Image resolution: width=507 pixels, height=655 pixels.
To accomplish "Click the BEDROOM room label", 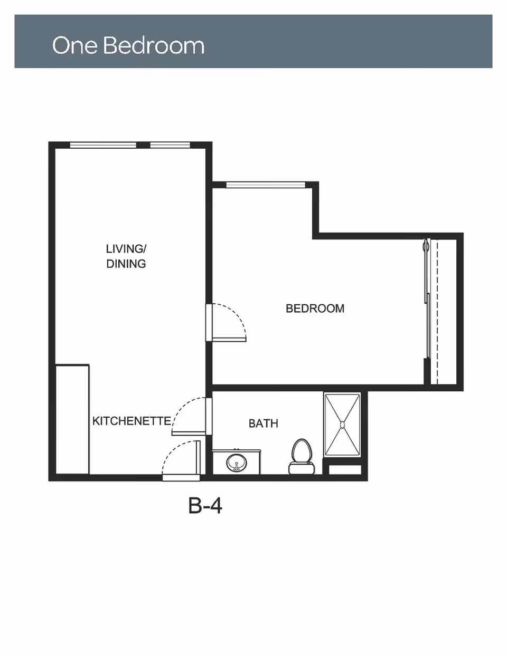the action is [x=315, y=309].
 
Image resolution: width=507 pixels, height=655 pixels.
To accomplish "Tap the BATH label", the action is [x=263, y=423].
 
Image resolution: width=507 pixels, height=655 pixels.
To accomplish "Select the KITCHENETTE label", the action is [x=132, y=421].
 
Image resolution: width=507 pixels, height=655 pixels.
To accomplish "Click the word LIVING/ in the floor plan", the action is [x=126, y=249].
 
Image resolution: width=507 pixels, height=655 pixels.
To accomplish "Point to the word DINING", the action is [x=126, y=264].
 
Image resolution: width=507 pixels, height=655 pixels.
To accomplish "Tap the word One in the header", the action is [x=76, y=45].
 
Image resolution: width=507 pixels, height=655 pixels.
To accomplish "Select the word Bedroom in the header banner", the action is [x=154, y=45].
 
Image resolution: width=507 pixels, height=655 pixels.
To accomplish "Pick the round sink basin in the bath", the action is [x=237, y=463].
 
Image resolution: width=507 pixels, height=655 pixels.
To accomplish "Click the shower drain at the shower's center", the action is [x=342, y=425].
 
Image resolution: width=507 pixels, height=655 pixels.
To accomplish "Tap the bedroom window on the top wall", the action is [x=266, y=185].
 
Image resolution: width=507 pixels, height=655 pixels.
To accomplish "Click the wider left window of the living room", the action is [x=103, y=145].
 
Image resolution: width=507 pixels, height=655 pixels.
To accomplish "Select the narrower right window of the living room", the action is [x=170, y=145].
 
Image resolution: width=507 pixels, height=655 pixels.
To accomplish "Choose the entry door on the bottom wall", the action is [x=181, y=477].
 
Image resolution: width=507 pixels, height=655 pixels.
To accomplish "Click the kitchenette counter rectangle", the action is [x=72, y=419].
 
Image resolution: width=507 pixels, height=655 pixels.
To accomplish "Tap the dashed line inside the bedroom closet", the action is [x=438, y=312].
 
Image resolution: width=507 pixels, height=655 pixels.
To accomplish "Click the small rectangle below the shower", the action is [x=345, y=469].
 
